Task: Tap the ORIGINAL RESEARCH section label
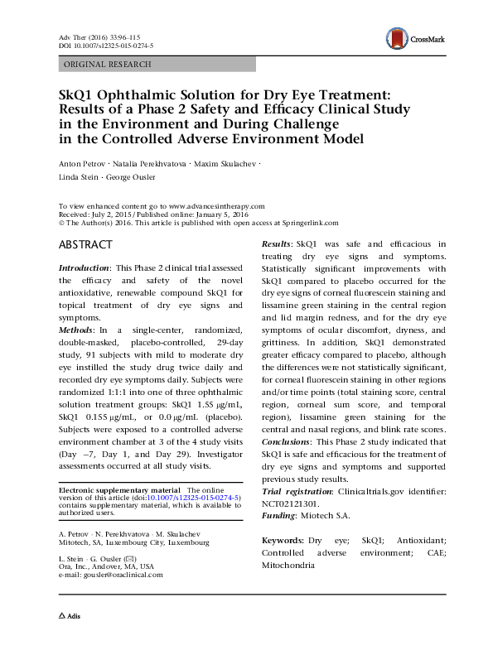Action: [108, 64]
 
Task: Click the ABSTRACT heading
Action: [86, 246]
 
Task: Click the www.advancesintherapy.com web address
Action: [216, 205]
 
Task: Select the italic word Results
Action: [276, 244]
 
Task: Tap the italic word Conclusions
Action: [289, 441]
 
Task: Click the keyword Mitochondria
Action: [288, 565]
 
